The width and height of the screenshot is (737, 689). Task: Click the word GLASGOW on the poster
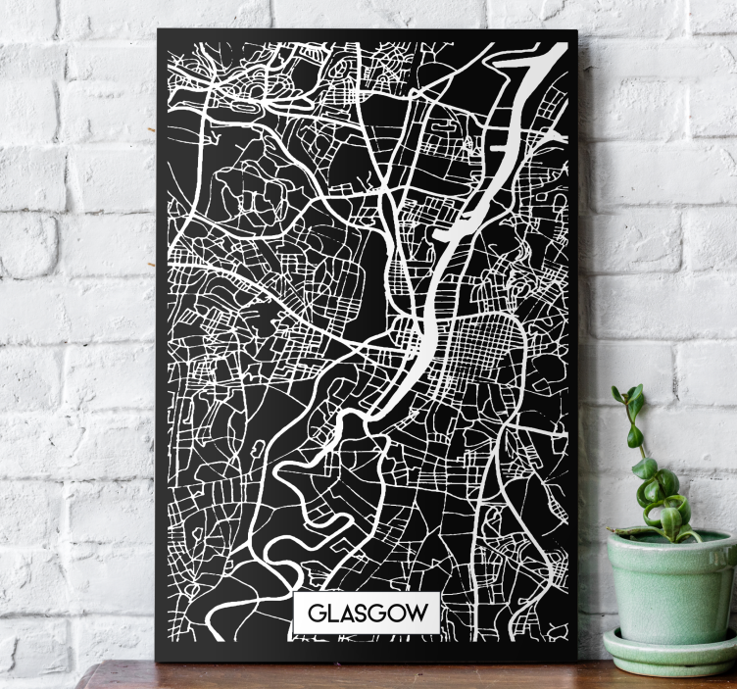(x=368, y=615)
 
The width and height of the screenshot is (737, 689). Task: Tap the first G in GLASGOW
(x=317, y=615)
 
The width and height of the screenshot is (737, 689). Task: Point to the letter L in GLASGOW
(x=331, y=615)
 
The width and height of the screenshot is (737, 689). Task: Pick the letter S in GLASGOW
(x=361, y=615)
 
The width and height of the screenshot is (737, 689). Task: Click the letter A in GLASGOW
(x=345, y=615)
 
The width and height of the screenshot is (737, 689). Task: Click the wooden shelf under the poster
(x=392, y=676)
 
